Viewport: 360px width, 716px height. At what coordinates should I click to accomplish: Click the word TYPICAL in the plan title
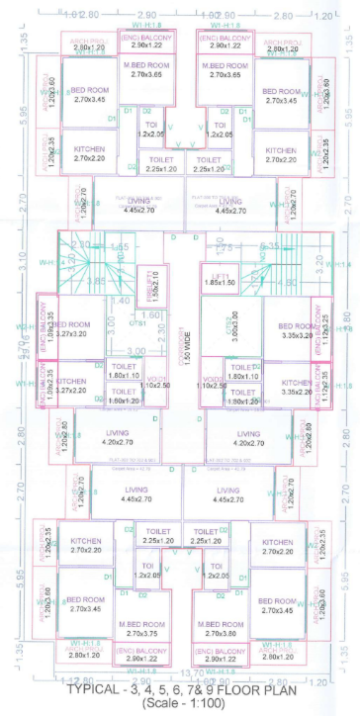coord(94,690)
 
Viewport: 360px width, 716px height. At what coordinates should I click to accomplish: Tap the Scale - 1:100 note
coord(180,703)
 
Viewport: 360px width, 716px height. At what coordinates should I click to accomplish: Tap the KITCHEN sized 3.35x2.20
coord(297,358)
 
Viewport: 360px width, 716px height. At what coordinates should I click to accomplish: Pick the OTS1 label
coord(144,323)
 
